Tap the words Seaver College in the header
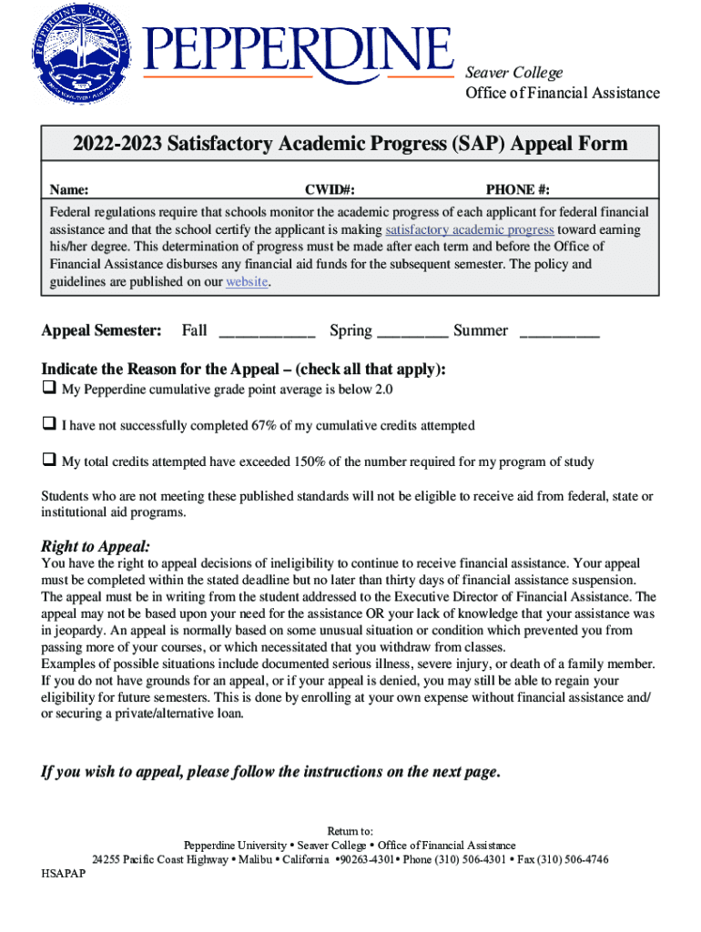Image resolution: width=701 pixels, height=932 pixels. click(x=514, y=73)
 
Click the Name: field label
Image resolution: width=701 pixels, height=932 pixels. click(x=68, y=189)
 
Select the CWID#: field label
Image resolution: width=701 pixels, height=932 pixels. click(x=330, y=189)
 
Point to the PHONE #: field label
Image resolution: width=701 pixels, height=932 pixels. click(x=517, y=189)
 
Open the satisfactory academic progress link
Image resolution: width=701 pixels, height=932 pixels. click(x=470, y=229)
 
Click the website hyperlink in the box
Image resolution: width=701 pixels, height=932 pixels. click(x=247, y=281)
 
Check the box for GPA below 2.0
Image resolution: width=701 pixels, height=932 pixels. click(x=48, y=390)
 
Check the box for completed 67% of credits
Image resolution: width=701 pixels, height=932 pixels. click(x=48, y=425)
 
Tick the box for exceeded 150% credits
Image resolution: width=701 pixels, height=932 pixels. click(x=48, y=461)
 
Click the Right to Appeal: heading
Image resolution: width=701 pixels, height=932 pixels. click(x=96, y=546)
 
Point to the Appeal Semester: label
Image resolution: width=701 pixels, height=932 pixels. click(x=102, y=330)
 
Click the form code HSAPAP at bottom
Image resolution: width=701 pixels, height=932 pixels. click(x=64, y=873)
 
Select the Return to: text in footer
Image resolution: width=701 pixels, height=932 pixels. click(x=350, y=831)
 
